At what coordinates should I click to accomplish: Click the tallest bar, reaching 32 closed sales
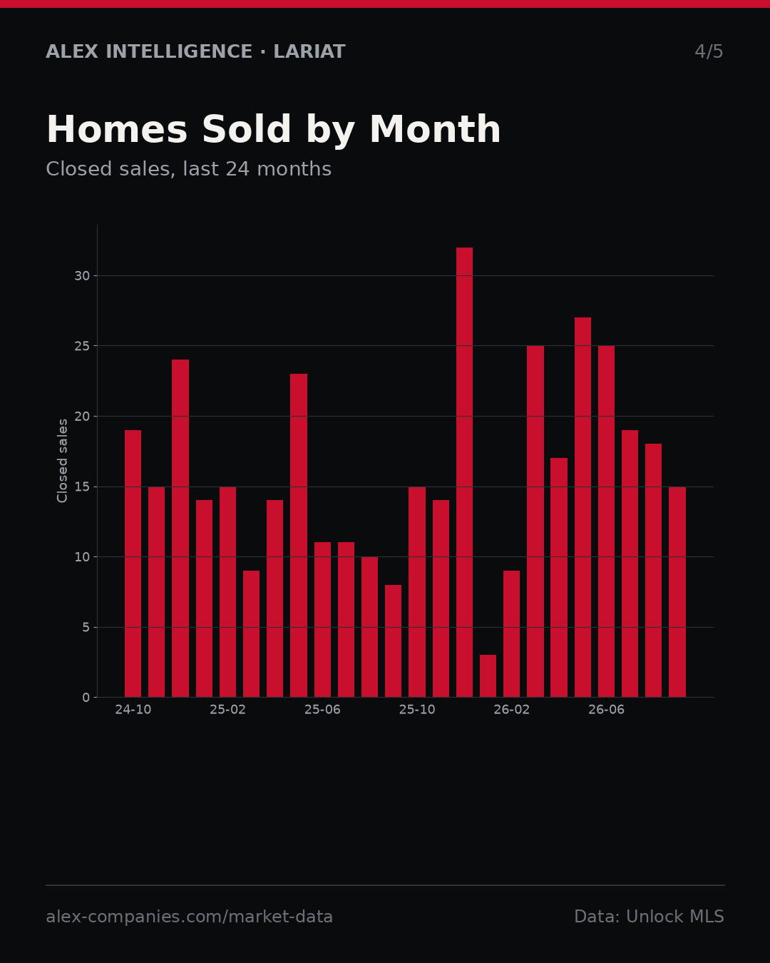coord(464,472)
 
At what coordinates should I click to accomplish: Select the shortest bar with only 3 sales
coord(488,676)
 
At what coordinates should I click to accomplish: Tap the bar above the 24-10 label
coord(133,564)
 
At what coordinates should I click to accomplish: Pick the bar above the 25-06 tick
coord(322,619)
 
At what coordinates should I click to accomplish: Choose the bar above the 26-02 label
coord(512,633)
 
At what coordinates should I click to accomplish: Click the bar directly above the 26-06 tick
coord(606,521)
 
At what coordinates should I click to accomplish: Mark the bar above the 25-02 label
coord(227,591)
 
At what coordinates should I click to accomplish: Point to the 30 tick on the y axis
coord(82,275)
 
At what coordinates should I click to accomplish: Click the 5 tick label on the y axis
coord(86,628)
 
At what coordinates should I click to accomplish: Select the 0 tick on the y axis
coord(86,698)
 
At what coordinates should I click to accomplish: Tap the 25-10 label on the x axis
coord(417,710)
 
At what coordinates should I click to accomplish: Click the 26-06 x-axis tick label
coord(606,710)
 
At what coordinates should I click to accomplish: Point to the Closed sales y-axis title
coord(62,461)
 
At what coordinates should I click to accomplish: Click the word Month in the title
coord(435,129)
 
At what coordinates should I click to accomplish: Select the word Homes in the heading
coord(117,129)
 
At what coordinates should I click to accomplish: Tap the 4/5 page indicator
coord(709,51)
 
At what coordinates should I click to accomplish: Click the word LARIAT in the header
coord(309,51)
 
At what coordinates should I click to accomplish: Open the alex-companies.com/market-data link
coord(189,917)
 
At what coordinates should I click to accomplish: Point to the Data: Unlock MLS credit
coord(650,917)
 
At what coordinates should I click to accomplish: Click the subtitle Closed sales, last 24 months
coord(189,169)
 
